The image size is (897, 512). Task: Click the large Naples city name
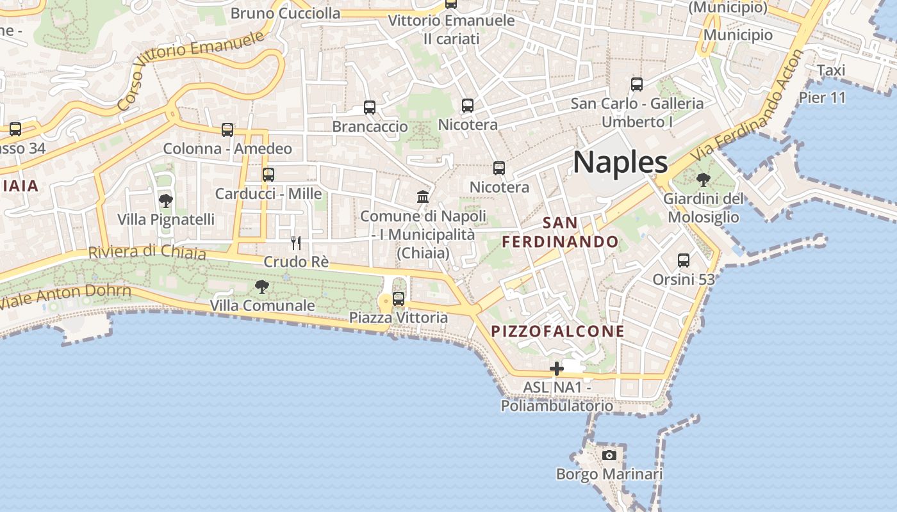[x=620, y=163]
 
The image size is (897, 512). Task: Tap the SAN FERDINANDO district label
[x=560, y=232]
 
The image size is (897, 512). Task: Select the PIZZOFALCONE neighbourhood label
[x=557, y=331]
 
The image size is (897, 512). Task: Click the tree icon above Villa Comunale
[x=261, y=286]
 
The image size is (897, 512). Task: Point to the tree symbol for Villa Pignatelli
[x=166, y=201]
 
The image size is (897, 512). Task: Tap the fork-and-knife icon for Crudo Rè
[x=296, y=243]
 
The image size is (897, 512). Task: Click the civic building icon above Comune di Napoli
[x=423, y=196]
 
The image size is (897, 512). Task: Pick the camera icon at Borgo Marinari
[x=609, y=455]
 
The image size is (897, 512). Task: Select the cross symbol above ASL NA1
[x=557, y=368]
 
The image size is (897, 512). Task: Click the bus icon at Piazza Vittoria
[x=399, y=298]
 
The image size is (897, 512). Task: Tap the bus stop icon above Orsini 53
[x=684, y=260]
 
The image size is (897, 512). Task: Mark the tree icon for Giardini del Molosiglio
[x=704, y=179]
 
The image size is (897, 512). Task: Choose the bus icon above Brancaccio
[x=370, y=108]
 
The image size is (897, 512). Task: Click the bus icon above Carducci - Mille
[x=268, y=174]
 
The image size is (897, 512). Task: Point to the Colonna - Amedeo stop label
[x=227, y=149]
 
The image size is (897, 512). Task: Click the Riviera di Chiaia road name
[x=147, y=252]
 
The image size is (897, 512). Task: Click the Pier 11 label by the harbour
[x=822, y=98]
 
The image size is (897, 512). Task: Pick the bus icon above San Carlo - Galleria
[x=637, y=84]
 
